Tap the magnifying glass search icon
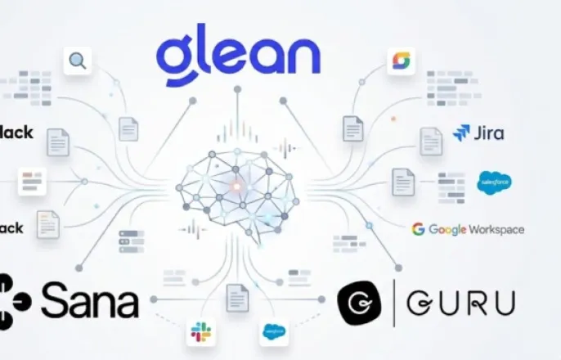coord(77,60)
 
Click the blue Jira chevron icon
coord(461,133)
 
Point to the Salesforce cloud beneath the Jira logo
coord(494,182)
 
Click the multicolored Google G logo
coord(418,229)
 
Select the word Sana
coord(89,302)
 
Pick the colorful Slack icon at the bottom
coord(200,331)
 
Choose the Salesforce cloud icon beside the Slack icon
coord(273,331)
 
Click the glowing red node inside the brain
coord(238,187)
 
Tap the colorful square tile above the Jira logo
coord(401,60)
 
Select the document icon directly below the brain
coord(237,296)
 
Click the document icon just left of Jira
coord(431,141)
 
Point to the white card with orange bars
coord(32,181)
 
